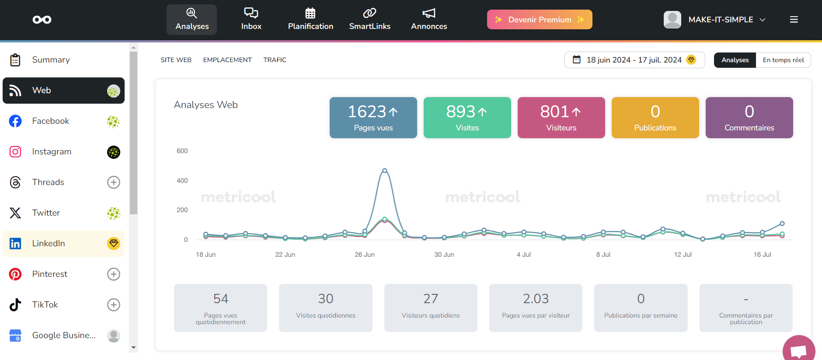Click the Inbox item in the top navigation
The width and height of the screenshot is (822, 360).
pyautogui.click(x=251, y=19)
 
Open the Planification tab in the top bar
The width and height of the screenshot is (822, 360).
pyautogui.click(x=310, y=19)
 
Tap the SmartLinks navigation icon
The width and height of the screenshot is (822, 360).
pyautogui.click(x=369, y=14)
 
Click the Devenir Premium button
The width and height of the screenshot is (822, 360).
pyautogui.click(x=540, y=20)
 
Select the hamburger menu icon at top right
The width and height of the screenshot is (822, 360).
pyautogui.click(x=794, y=20)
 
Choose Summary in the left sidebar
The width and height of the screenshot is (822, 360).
pyautogui.click(x=51, y=60)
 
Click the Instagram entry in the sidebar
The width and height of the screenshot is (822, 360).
pyautogui.click(x=52, y=152)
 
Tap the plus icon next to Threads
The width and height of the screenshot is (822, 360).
pyautogui.click(x=114, y=182)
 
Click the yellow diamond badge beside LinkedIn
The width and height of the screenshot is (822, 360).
pyautogui.click(x=114, y=243)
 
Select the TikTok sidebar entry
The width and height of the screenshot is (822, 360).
pyautogui.click(x=45, y=305)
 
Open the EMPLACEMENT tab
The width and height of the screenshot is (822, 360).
pyautogui.click(x=227, y=60)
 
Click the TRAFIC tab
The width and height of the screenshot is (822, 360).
pyautogui.click(x=275, y=60)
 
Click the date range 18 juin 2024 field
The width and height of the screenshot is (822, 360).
pyautogui.click(x=634, y=60)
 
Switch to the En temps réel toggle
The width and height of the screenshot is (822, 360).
pyautogui.click(x=783, y=60)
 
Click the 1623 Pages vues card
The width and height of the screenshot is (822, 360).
pyautogui.click(x=373, y=118)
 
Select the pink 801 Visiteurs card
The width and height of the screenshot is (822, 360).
pyautogui.click(x=561, y=118)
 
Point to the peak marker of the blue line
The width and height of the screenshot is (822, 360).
pyautogui.click(x=384, y=171)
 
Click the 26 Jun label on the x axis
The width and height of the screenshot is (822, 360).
pyautogui.click(x=364, y=255)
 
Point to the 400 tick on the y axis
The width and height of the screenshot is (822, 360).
pyautogui.click(x=182, y=181)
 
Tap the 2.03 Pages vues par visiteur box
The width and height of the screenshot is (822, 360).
pyautogui.click(x=536, y=308)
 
